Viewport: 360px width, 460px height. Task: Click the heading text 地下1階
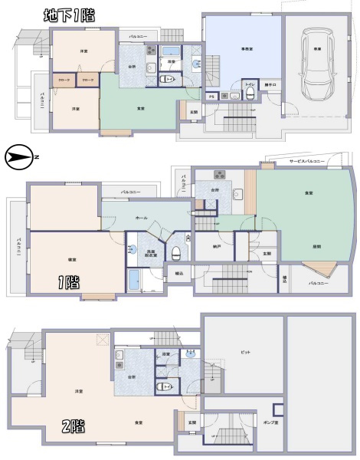67,15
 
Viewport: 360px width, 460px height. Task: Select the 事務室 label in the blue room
247,48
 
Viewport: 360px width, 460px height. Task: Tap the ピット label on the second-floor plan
245,352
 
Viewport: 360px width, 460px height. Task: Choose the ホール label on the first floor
141,218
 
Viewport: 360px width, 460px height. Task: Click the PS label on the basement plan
211,97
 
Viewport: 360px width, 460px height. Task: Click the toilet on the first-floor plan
177,251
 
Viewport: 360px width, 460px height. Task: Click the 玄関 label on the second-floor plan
192,422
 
